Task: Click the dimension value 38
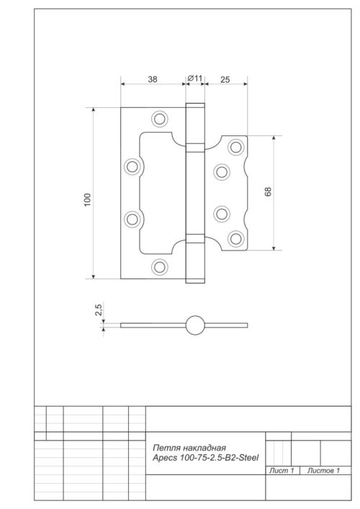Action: pyautogui.click(x=153, y=79)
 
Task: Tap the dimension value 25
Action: pyautogui.click(x=225, y=79)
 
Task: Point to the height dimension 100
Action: pyautogui.click(x=87, y=199)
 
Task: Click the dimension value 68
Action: pyautogui.click(x=268, y=192)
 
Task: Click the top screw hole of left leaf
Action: pyautogui.click(x=159, y=118)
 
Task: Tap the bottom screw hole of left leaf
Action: pyautogui.click(x=159, y=266)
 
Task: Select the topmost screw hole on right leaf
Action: pyautogui.click(x=235, y=147)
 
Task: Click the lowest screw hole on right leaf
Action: pyautogui.click(x=235, y=238)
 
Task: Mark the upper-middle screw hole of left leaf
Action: pyautogui.click(x=132, y=166)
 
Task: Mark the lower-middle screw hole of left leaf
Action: pyautogui.click(x=132, y=218)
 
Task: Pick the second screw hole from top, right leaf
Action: pyautogui.click(x=221, y=172)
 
